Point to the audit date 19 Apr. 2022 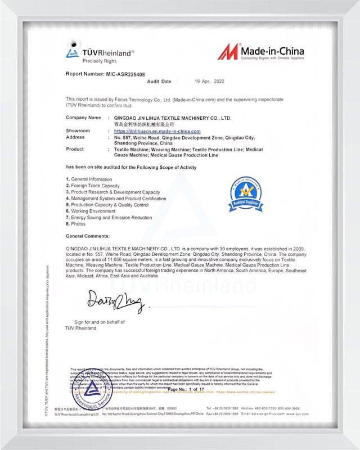[x=209, y=82]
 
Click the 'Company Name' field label [x=84, y=118]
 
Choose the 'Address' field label [x=75, y=137]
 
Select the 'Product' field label [x=75, y=149]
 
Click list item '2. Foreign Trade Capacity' [x=93, y=186]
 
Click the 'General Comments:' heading [x=88, y=236]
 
